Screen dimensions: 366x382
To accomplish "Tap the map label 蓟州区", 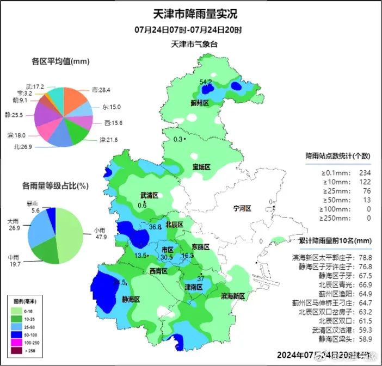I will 200,103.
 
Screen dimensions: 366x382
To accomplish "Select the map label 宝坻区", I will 200,167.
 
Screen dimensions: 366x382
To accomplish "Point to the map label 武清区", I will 149,195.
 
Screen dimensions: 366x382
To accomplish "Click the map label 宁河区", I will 242,208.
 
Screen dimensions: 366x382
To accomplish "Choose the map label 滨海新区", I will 233,296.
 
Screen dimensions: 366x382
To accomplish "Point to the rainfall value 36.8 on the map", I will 156,227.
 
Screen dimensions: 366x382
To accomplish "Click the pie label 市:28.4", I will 101,90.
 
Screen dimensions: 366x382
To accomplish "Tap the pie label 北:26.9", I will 23,147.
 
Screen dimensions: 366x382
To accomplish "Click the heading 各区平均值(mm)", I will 60,61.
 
